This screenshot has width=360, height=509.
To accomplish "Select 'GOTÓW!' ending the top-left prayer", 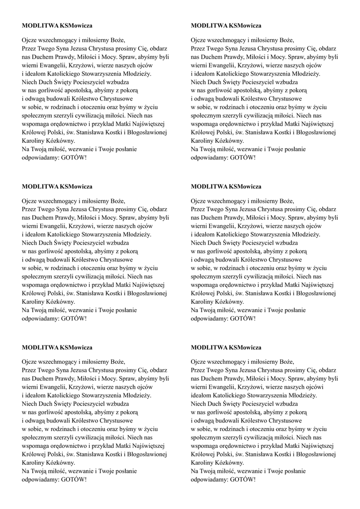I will point(74,158).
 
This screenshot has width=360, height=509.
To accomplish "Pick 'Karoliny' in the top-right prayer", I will point(202,141).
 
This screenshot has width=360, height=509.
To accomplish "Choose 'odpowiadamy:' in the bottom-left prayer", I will point(41,480).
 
